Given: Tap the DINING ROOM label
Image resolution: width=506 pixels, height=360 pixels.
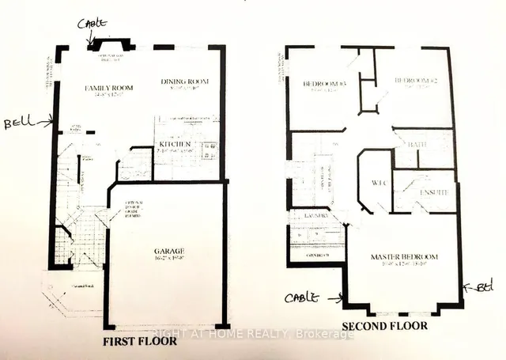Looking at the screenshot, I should (x=183, y=81).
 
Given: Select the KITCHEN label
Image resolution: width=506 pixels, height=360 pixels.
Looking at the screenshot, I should (x=176, y=144).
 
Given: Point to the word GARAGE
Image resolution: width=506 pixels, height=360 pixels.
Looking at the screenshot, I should (x=169, y=254).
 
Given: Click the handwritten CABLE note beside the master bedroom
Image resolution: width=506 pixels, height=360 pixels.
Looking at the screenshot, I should (x=304, y=297).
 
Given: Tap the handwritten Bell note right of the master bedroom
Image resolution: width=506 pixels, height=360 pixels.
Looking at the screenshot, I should (x=482, y=286).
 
